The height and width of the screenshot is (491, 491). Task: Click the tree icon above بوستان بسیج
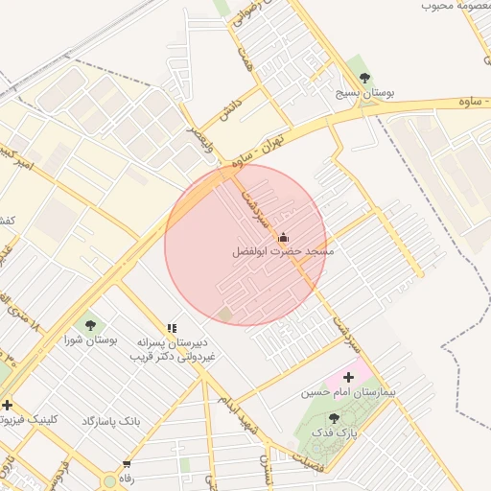[x=363, y=78]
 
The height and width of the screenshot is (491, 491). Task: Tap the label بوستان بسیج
[x=365, y=94]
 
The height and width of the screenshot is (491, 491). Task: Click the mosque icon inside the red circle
[x=282, y=237]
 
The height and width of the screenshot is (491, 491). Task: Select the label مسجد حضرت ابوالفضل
[x=283, y=252]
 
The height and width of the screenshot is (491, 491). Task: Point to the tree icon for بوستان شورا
[x=90, y=324]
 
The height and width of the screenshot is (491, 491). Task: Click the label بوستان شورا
[x=91, y=340]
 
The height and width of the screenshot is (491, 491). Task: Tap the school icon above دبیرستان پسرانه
[x=172, y=328]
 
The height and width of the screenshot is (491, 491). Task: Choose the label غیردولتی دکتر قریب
[x=173, y=356]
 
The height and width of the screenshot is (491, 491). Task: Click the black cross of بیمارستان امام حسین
[x=348, y=377]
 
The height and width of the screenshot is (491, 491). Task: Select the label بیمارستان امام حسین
[x=351, y=392]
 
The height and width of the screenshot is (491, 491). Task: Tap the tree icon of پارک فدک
[x=334, y=418]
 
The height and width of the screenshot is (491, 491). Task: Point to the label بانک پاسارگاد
[x=111, y=421]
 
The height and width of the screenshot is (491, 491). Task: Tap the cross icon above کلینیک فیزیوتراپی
[x=8, y=405]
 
